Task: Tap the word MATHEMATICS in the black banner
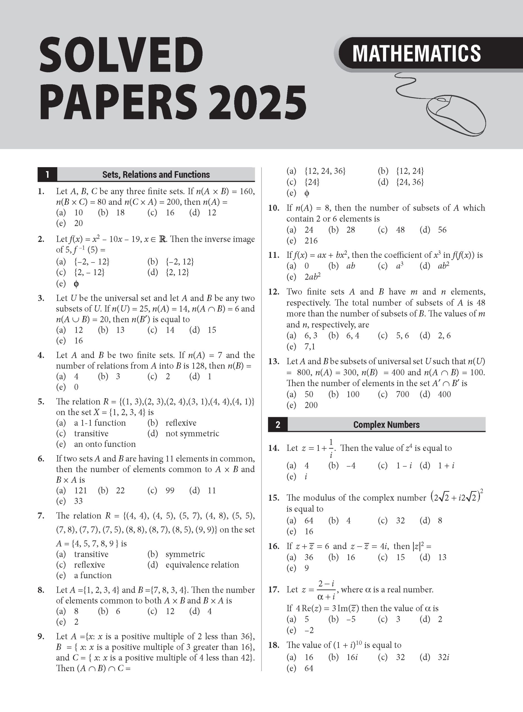(x=417, y=53)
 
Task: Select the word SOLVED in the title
(x=121, y=55)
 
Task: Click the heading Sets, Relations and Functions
(x=156, y=175)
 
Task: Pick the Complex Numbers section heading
(x=386, y=425)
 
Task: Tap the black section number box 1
(x=47, y=175)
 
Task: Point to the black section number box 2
(x=278, y=425)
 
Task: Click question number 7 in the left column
(x=41, y=516)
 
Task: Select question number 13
(x=273, y=361)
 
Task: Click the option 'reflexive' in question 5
(x=181, y=423)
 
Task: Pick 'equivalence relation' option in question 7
(x=202, y=565)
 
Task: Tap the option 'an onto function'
(x=105, y=444)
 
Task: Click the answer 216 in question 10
(x=311, y=241)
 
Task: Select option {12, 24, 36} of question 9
(x=325, y=171)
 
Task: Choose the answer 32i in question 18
(x=443, y=657)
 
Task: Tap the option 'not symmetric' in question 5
(x=192, y=434)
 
